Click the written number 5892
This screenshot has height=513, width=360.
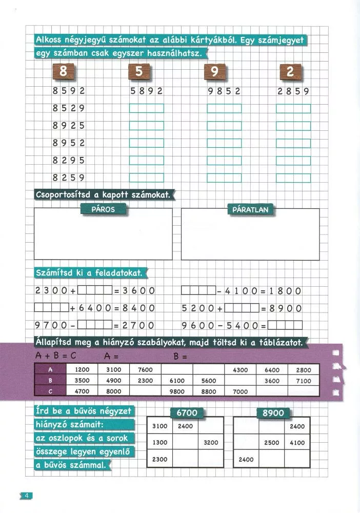[147, 91]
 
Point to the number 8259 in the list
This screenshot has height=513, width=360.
[68, 178]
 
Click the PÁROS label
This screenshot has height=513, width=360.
[103, 209]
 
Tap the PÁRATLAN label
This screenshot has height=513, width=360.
[251, 209]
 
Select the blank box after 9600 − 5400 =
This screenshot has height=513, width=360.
[285, 325]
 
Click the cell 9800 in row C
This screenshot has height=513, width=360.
[177, 391]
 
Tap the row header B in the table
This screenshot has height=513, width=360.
[50, 381]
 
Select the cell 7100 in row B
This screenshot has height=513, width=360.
[304, 381]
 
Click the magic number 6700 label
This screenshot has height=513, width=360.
[186, 413]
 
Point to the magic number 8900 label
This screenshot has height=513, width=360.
[272, 413]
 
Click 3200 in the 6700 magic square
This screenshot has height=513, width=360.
[211, 442]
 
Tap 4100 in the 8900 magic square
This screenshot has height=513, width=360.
[297, 442]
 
